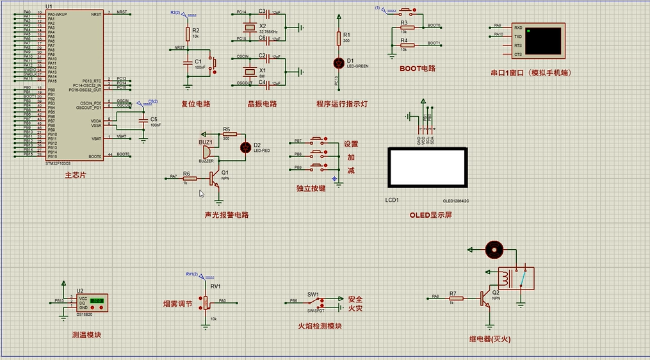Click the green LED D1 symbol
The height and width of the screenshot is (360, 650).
(339, 63)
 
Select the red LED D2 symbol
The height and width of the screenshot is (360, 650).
(244, 147)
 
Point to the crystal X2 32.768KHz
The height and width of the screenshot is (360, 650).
(249, 27)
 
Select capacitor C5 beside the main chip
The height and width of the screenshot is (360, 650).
(142, 120)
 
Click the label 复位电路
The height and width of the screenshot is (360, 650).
(195, 104)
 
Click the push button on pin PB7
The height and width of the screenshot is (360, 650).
(318, 140)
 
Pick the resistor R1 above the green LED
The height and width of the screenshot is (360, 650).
(339, 39)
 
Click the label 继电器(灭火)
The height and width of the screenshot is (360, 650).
(491, 338)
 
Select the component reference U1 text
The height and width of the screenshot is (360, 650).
(49, 7)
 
